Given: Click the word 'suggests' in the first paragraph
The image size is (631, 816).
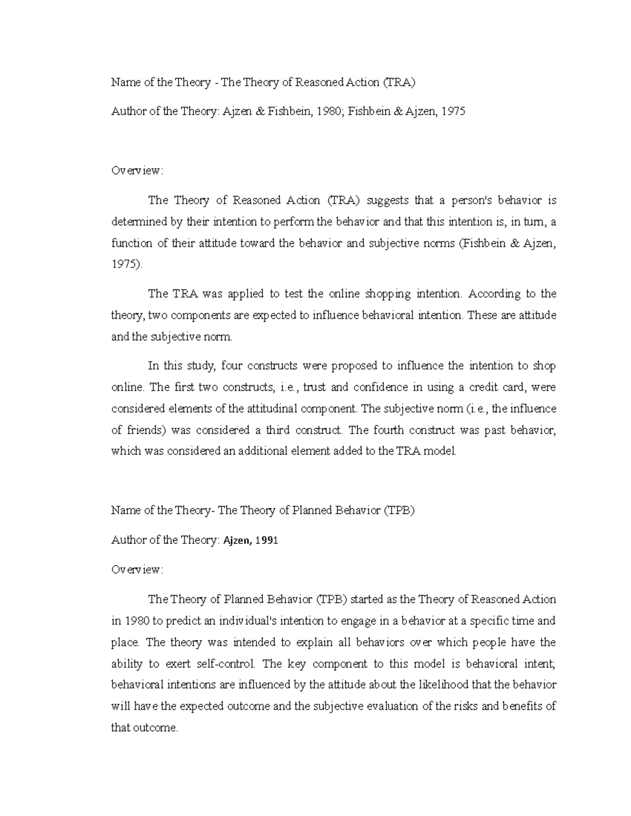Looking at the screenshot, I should (387, 200).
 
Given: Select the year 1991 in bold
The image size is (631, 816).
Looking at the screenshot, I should (267, 540).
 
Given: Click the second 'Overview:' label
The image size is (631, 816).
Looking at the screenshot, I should (137, 570).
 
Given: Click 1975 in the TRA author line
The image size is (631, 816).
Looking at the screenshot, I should (453, 111).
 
